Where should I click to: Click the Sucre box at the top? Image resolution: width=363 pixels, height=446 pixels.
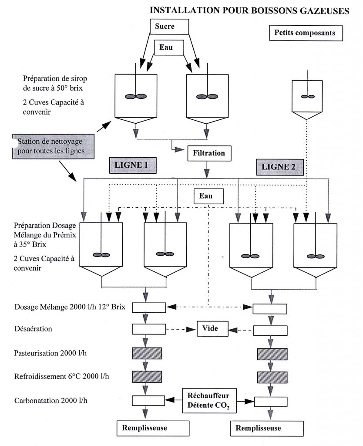coord(169,27)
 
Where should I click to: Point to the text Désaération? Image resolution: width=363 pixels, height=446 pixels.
coord(33,329)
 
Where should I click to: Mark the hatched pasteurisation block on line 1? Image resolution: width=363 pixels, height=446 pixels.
coord(147,353)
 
